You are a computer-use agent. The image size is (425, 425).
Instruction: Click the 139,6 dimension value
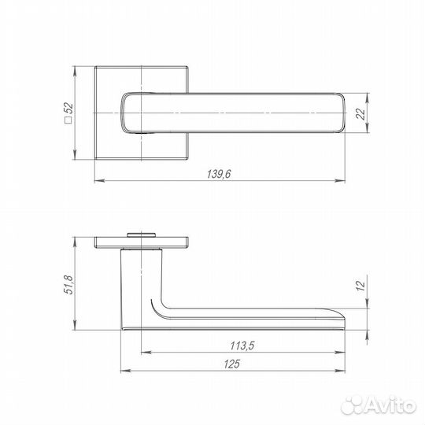tap(217, 175)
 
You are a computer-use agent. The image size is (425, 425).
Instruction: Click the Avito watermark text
tap(389, 406)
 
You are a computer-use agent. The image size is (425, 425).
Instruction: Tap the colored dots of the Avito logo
tap(354, 405)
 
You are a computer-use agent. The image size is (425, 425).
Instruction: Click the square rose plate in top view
tap(106, 87)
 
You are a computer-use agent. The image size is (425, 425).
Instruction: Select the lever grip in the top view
tap(236, 113)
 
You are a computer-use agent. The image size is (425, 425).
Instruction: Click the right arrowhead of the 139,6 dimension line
tap(345, 183)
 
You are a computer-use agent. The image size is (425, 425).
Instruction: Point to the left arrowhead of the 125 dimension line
tap(123, 370)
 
